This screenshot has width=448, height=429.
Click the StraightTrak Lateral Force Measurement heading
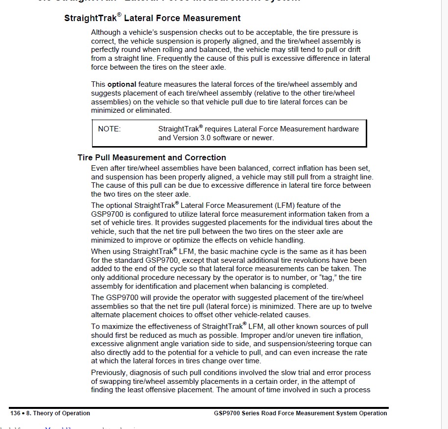152,18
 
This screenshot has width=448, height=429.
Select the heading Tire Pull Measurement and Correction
152,157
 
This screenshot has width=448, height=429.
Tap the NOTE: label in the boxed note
109,129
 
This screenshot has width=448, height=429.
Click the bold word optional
121,84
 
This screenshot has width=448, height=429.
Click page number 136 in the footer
15,413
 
